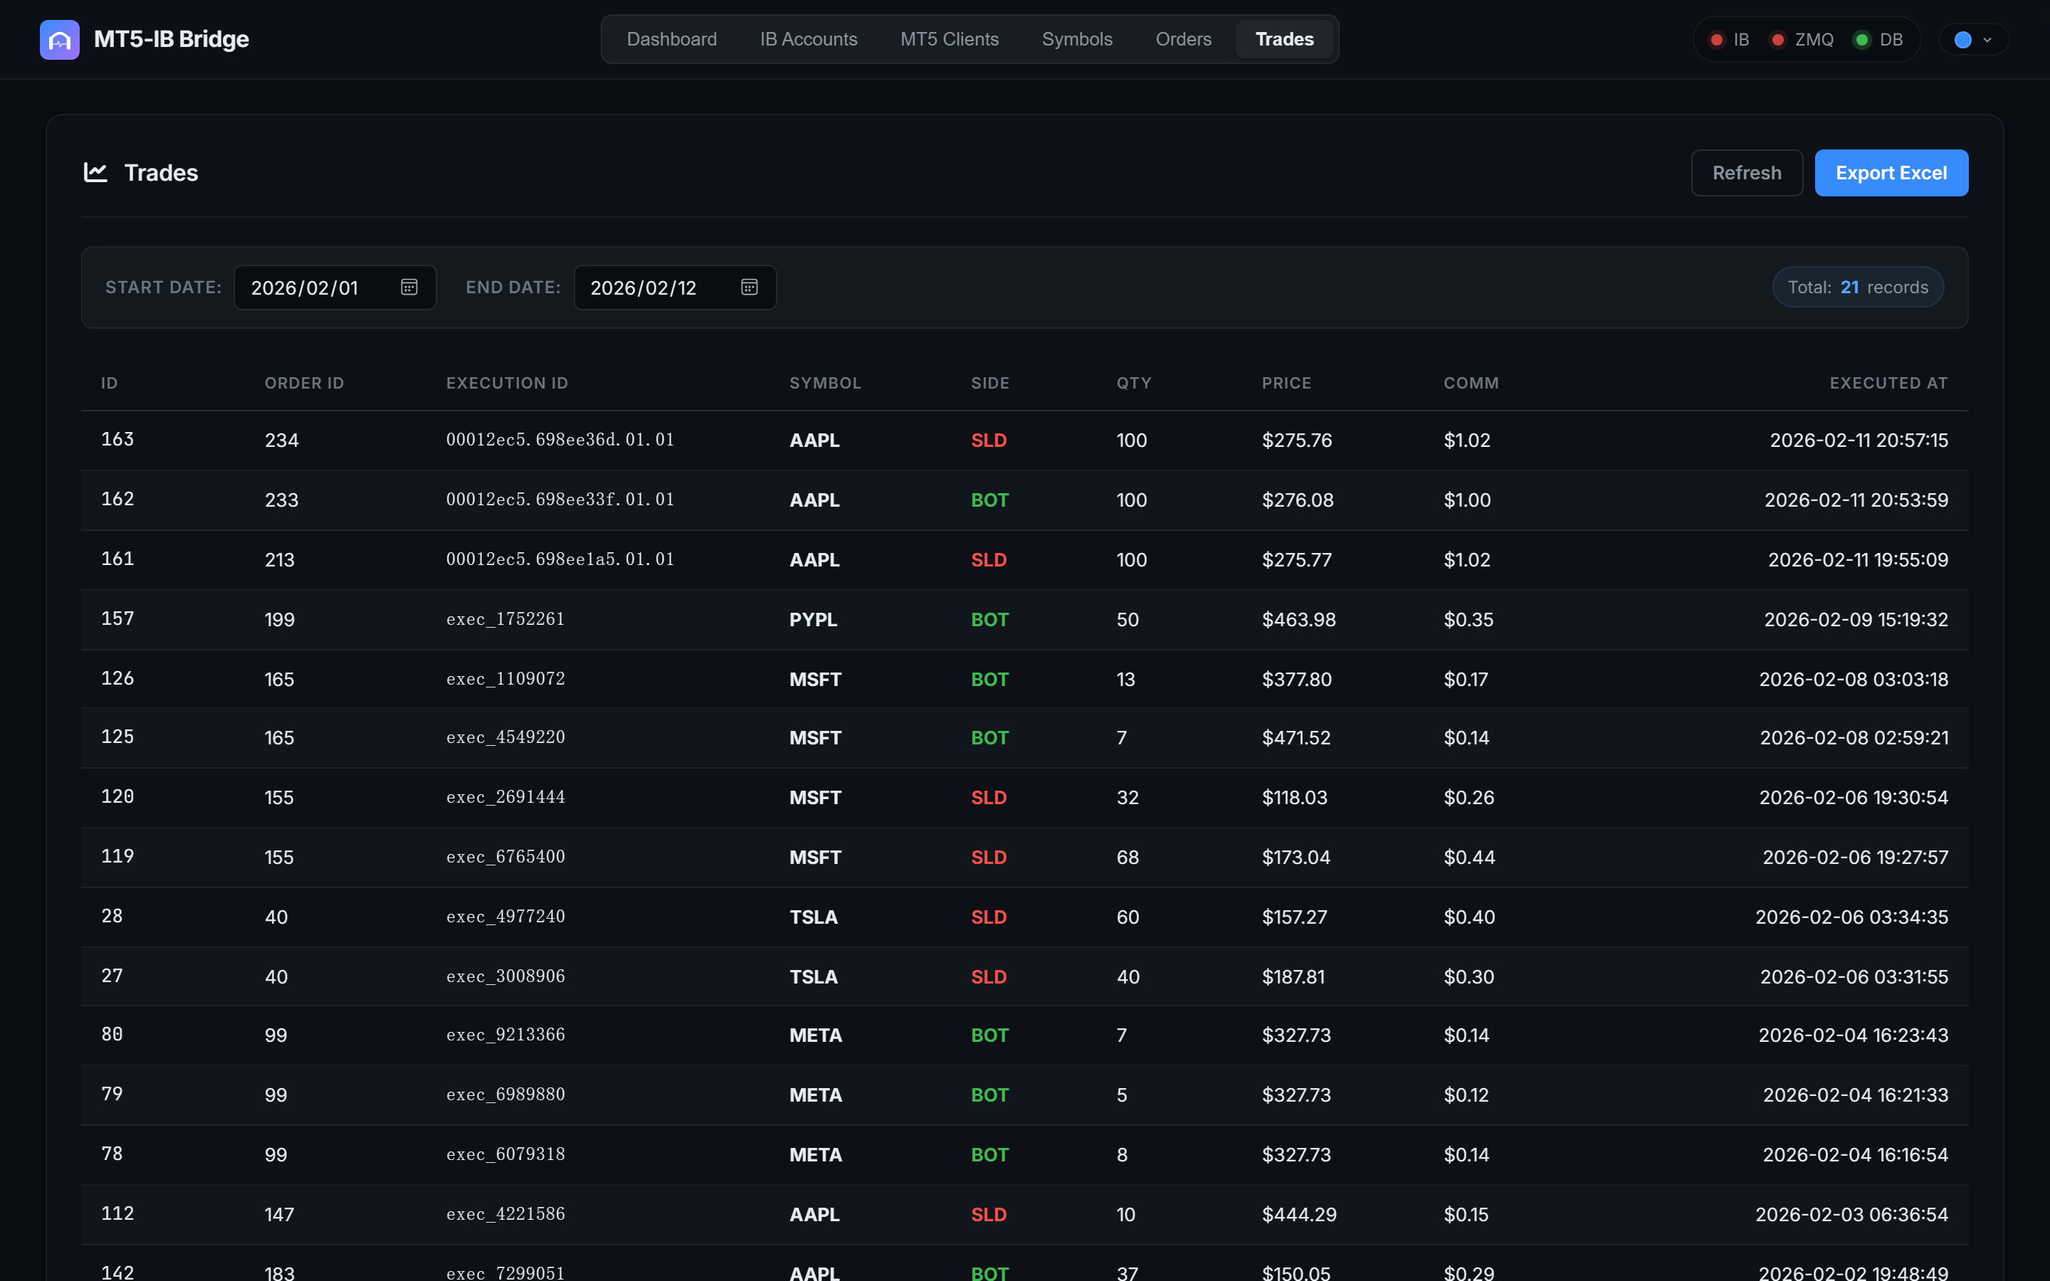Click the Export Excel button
coord(1891,173)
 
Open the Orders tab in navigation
coord(1182,39)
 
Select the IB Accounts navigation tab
coord(808,39)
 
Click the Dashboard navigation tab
coord(671,39)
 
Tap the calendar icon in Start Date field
coord(409,288)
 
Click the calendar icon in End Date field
coord(749,288)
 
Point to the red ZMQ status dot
coord(1778,40)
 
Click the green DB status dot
coord(1862,40)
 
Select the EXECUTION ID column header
coord(507,383)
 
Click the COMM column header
coord(1471,383)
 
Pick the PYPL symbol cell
coord(812,619)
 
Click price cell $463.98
coord(1298,619)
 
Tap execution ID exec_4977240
coord(505,917)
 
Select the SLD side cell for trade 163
coord(988,441)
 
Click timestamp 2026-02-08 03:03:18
coord(1853,680)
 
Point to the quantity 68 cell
coord(1127,858)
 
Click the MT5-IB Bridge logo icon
coord(59,40)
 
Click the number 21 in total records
coord(1849,288)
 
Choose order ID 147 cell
coord(279,1214)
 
